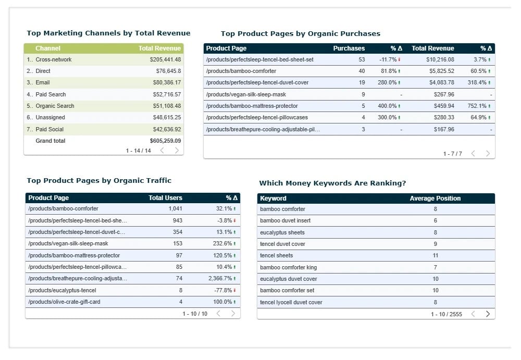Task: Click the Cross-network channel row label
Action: coord(54,59)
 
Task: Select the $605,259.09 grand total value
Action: coord(165,141)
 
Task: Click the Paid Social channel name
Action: coord(50,129)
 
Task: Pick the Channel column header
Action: coord(48,48)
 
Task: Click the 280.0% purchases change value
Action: coord(388,82)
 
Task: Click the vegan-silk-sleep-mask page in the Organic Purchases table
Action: coord(246,94)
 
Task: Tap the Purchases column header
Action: coord(349,48)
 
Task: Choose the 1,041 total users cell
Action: coord(176,208)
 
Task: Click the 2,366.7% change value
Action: coord(220,279)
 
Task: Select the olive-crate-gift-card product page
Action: coord(64,302)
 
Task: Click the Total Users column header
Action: coord(165,198)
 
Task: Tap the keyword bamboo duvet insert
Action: coord(285,220)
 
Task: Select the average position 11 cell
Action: coord(435,255)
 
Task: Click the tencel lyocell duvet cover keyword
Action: coord(291,302)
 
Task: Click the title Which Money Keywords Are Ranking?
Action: coord(332,183)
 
